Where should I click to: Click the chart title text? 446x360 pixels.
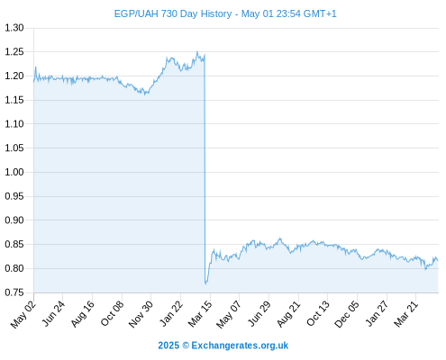tap(225, 13)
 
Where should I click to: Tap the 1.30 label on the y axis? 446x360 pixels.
tap(14, 28)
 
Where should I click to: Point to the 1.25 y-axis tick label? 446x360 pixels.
tap(14, 52)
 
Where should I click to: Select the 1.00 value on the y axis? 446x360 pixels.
tap(14, 172)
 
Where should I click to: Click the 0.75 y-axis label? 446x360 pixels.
tap(14, 292)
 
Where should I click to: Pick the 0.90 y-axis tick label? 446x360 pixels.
tap(14, 220)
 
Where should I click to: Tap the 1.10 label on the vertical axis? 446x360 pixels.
tap(14, 124)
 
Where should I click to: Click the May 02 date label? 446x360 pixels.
tap(23, 314)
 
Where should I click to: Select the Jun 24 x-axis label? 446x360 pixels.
tap(53, 313)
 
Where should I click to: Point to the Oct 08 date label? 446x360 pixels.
tap(112, 313)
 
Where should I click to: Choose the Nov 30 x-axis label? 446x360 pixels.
tap(141, 314)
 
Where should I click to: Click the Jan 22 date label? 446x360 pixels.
tap(170, 313)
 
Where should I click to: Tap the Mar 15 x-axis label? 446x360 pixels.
tap(200, 314)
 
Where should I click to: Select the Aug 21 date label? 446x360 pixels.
tap(288, 314)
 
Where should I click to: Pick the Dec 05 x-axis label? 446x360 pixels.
tap(347, 314)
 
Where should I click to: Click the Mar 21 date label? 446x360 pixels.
tap(405, 314)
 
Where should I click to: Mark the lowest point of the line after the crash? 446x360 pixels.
tap(206, 283)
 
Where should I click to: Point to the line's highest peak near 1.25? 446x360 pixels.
tap(197, 51)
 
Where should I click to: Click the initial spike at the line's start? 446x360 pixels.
tap(36, 67)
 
